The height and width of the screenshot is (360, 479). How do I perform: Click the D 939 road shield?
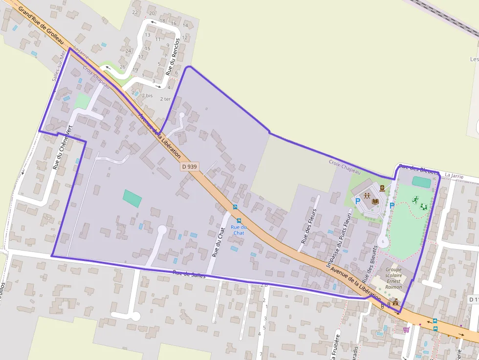point(189,167)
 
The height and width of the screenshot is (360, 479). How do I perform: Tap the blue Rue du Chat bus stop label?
point(239,230)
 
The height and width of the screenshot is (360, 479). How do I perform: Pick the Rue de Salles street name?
point(189,275)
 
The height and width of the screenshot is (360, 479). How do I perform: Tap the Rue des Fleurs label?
point(309,226)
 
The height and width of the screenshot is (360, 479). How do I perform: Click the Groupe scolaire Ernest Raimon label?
point(393,278)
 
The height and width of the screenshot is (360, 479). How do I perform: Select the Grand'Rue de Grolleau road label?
point(41,25)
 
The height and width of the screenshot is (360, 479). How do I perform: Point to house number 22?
point(135,12)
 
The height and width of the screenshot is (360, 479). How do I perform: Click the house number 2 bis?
point(147,96)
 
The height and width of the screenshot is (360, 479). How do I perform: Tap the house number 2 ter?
point(166,99)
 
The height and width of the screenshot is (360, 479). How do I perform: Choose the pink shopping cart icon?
point(406,330)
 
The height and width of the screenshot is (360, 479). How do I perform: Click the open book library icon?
point(375,201)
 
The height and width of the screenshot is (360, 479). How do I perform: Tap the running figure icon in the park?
point(415,199)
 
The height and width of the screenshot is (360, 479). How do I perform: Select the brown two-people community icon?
point(367,196)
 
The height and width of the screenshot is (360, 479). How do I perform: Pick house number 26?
point(122,67)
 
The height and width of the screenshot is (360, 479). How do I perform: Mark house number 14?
point(185,25)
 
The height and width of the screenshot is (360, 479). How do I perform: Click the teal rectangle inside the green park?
point(421,182)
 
